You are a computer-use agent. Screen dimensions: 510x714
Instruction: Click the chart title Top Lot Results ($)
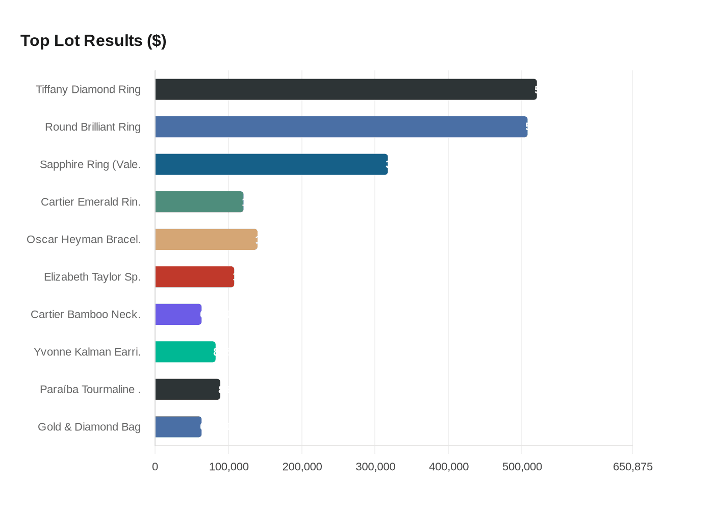tap(93, 41)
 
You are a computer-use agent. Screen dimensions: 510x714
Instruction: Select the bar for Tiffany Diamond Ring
tap(346, 89)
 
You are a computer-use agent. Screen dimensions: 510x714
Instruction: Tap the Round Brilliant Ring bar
tap(341, 127)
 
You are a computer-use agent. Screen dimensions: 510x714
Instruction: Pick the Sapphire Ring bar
tap(271, 164)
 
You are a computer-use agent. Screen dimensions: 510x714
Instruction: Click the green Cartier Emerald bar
tap(199, 202)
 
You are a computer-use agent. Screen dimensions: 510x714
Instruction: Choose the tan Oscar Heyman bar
tap(206, 239)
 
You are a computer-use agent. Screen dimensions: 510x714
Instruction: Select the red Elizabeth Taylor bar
tap(194, 277)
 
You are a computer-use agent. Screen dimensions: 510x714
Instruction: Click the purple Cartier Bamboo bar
tap(178, 314)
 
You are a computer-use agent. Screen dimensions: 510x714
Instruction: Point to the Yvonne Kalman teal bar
tap(185, 352)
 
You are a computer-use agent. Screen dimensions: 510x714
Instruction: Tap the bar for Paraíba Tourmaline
tap(188, 389)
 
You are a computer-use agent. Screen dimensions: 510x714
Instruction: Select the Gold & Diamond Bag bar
tap(178, 427)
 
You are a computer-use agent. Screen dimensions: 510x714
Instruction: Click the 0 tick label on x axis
tap(155, 467)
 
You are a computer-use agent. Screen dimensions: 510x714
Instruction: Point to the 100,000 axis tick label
tap(228, 467)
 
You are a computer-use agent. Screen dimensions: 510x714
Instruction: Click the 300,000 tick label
tap(375, 467)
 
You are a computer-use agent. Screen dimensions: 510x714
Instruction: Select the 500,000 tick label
tap(522, 467)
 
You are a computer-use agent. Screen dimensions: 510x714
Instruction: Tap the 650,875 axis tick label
tap(632, 467)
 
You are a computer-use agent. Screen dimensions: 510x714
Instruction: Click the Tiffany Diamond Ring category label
tap(88, 90)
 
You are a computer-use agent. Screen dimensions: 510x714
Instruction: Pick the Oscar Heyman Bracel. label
tap(84, 240)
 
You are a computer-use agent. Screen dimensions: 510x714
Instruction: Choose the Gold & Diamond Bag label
tap(89, 427)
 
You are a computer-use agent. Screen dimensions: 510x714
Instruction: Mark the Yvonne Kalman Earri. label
tap(87, 352)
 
